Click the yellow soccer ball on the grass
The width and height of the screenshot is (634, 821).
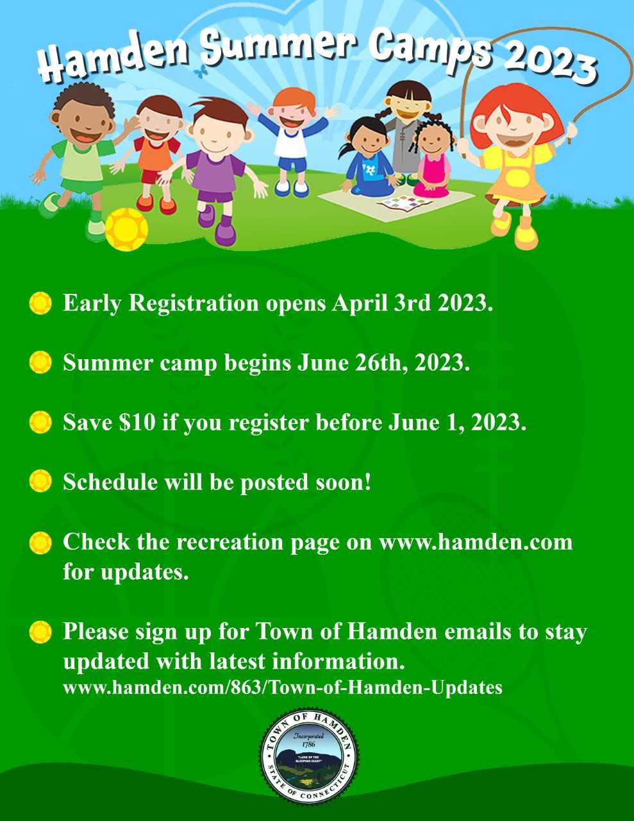pos(126,229)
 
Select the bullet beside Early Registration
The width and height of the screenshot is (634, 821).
pos(40,303)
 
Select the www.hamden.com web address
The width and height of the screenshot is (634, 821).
pos(476,542)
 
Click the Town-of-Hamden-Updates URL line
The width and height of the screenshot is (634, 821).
pos(282,688)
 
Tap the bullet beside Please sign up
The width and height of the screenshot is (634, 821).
pos(40,632)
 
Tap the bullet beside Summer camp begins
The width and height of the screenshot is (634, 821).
pos(40,363)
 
